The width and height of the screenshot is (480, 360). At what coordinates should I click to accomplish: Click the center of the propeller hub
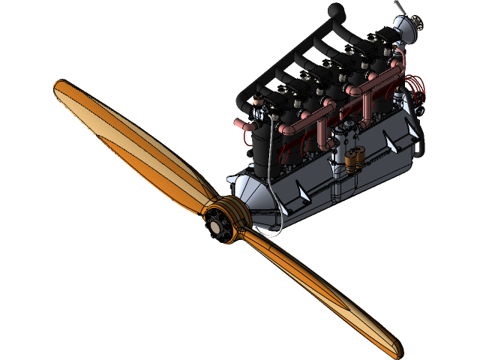click(x=218, y=221)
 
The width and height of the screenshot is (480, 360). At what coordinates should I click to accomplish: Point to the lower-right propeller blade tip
click(x=395, y=348)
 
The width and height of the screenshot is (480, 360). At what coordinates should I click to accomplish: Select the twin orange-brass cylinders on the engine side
click(x=354, y=157)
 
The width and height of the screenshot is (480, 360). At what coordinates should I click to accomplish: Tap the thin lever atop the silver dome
click(x=400, y=8)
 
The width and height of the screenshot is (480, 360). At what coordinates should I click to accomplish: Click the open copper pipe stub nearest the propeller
click(x=240, y=122)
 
